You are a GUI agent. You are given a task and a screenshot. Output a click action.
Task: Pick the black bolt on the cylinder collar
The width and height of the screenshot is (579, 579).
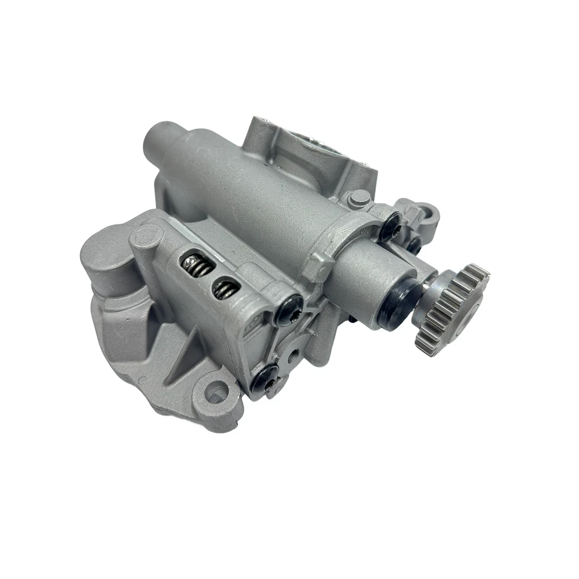[x=390, y=224]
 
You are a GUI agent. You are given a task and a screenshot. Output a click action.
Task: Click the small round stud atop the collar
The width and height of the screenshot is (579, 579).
[x=359, y=197]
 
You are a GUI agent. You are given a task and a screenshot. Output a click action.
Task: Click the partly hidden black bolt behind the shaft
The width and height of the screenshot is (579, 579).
[x=414, y=244]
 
